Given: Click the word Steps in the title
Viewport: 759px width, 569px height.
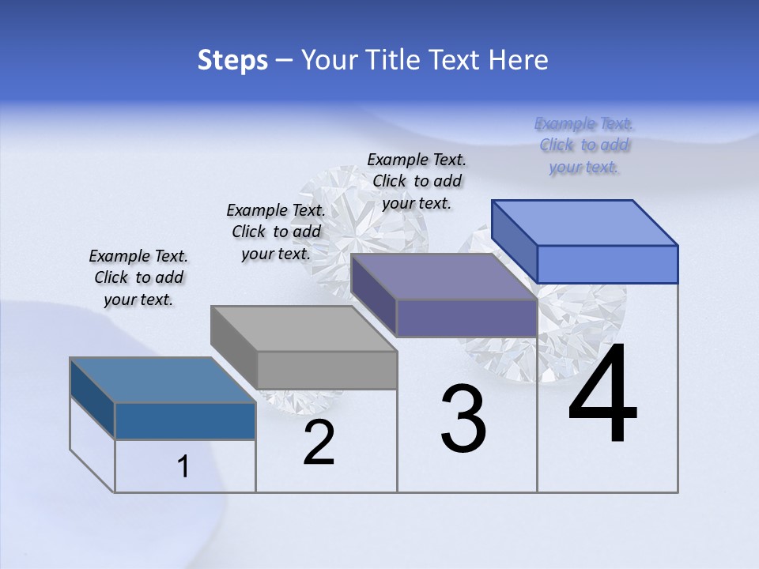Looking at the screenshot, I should [x=232, y=60].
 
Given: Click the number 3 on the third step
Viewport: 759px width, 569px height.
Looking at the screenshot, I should [x=463, y=419].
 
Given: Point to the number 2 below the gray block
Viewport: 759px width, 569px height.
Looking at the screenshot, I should [x=319, y=443].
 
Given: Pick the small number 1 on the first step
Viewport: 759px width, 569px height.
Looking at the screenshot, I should [x=183, y=467].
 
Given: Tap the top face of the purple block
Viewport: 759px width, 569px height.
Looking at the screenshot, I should [x=444, y=277].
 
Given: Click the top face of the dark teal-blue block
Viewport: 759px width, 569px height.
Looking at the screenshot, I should [x=163, y=380].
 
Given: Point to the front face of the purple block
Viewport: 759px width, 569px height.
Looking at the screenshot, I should [x=466, y=318].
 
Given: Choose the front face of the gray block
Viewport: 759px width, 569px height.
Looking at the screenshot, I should [x=327, y=370].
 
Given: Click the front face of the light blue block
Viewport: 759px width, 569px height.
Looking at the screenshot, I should [x=607, y=264].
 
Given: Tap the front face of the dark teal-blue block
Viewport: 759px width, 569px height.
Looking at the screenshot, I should [x=185, y=420].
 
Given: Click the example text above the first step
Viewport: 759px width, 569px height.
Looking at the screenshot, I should [x=138, y=277].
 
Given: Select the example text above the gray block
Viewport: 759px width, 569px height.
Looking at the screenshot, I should [x=276, y=232].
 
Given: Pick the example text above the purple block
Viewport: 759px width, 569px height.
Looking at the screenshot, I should [x=417, y=181].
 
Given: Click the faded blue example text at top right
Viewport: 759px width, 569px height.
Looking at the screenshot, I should [x=584, y=145].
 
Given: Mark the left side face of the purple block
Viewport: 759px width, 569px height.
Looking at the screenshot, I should [x=373, y=295].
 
